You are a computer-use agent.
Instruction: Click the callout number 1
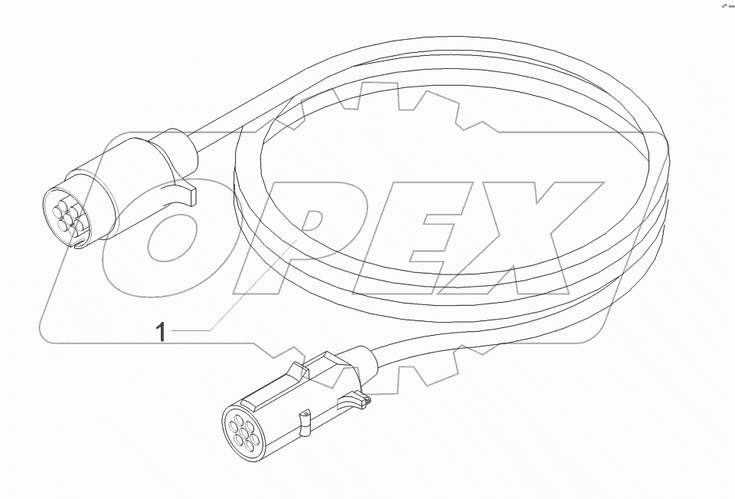click(x=161, y=332)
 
